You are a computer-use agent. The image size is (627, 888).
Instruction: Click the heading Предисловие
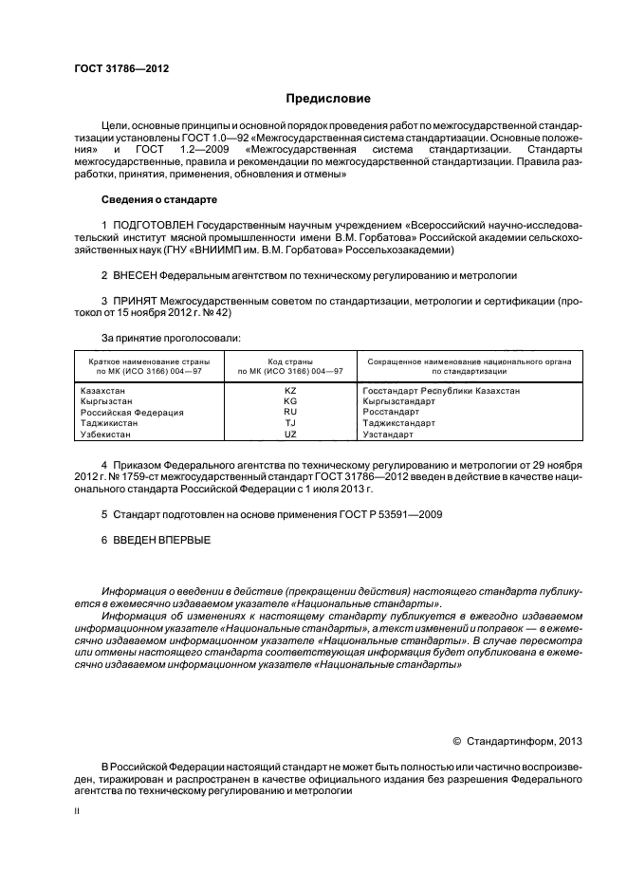(x=328, y=99)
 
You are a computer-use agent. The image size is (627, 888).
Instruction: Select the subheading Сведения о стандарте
(x=158, y=200)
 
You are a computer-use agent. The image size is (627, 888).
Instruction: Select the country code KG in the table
(x=290, y=401)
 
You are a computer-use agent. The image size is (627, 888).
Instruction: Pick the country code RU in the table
(x=290, y=413)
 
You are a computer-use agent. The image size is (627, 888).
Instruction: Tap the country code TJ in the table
(x=290, y=423)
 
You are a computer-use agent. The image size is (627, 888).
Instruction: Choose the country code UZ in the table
(x=290, y=434)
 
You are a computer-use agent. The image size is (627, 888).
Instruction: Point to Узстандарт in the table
(x=388, y=434)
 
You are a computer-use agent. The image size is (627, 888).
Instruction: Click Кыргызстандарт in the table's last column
(x=398, y=401)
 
